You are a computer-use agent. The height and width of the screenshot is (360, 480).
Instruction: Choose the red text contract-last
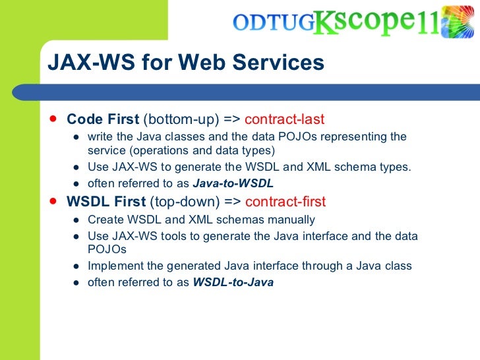284,119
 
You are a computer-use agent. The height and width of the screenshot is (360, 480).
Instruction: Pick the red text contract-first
285,202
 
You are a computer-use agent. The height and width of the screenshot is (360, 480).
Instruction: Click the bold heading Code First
103,119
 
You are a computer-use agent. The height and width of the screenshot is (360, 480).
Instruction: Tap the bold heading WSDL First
107,202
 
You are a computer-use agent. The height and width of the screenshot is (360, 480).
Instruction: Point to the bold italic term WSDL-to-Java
233,282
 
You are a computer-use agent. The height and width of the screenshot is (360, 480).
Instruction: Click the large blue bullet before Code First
52,119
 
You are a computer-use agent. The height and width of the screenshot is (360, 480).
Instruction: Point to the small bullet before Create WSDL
76,220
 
